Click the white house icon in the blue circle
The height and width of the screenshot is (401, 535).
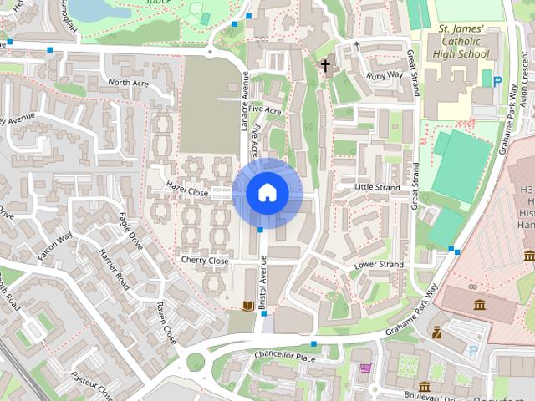tap(267, 193)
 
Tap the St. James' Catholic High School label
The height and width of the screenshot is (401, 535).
tap(461, 43)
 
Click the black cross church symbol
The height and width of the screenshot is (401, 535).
tap(325, 64)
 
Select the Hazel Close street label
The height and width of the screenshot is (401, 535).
tap(186, 190)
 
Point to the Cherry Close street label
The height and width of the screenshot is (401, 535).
tap(205, 261)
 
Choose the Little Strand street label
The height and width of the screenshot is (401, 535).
tap(379, 187)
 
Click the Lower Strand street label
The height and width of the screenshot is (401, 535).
tap(379, 265)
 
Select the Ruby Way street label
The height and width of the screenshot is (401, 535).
tap(385, 75)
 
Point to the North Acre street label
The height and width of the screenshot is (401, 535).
tap(129, 83)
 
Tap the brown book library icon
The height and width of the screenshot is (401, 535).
tap(247, 306)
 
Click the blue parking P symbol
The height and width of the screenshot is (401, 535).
tap(497, 82)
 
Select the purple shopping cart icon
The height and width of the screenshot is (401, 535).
tap(364, 367)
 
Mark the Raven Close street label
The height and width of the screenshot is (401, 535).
tap(160, 323)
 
